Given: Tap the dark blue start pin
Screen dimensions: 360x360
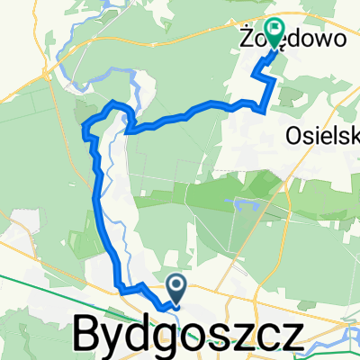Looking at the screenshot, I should point(177,289).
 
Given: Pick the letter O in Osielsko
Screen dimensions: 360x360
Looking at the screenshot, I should point(294,134).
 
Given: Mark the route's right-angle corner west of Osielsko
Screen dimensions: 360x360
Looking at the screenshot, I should point(262,112).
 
